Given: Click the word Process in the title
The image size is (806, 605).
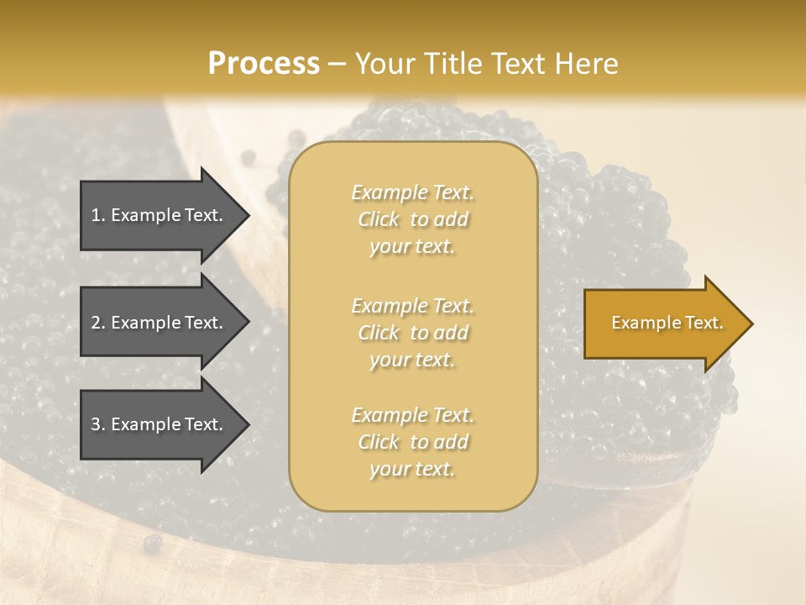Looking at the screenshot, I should click(x=264, y=64).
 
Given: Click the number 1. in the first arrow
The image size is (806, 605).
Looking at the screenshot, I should click(x=98, y=215).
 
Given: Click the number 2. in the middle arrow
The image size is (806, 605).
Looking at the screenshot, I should click(x=98, y=323).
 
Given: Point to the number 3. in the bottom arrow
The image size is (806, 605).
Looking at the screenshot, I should click(x=98, y=424).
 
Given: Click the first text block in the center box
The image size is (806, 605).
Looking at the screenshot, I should click(x=412, y=219).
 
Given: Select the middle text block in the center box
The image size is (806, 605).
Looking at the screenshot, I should click(x=412, y=332).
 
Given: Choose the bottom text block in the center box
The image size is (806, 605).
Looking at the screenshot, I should click(x=412, y=442).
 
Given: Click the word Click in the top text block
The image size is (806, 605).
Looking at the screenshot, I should click(x=379, y=219).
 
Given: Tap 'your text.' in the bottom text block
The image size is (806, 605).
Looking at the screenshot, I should click(x=412, y=469).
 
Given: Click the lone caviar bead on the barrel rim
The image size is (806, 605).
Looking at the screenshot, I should click(x=152, y=544).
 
